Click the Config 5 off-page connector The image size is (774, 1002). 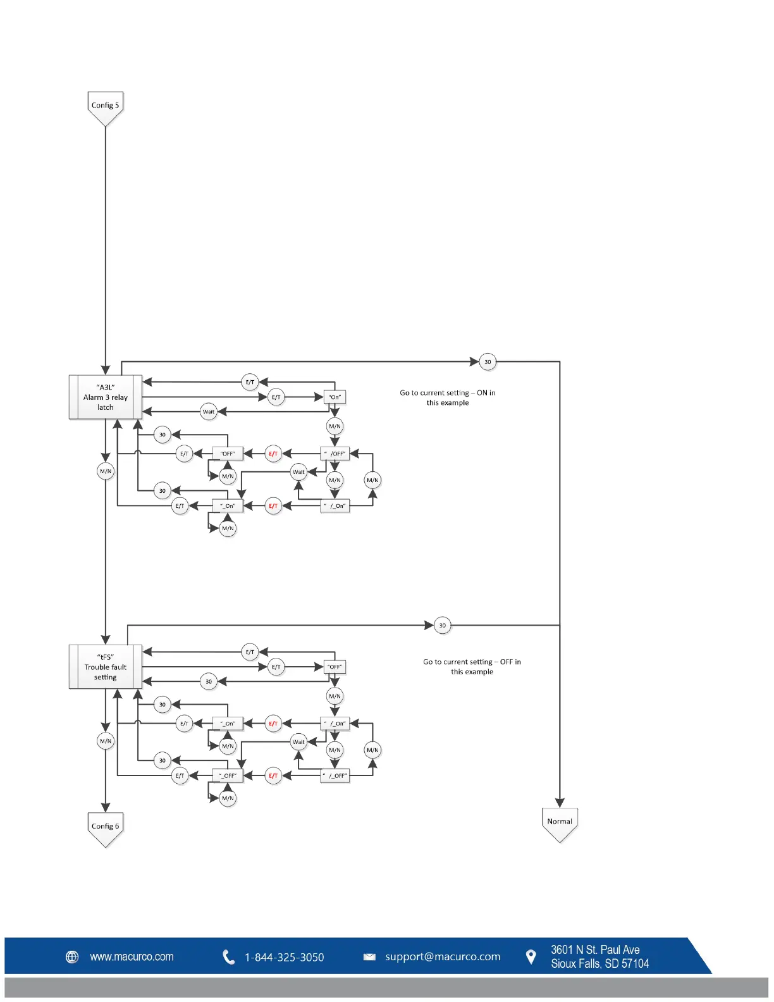(105, 106)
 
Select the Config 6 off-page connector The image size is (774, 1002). (105, 827)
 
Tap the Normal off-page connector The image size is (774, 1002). (560, 822)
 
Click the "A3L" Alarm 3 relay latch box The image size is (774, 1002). (106, 397)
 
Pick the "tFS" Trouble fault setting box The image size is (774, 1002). (106, 667)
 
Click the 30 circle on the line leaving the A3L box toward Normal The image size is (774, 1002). (488, 362)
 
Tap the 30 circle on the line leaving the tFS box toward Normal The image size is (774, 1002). (443, 626)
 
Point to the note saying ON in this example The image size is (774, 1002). (448, 398)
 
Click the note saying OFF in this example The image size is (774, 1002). (472, 667)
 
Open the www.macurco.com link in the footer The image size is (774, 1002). (132, 957)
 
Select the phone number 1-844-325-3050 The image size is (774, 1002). (284, 958)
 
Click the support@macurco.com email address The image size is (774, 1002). (443, 957)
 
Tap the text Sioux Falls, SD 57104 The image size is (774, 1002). (599, 964)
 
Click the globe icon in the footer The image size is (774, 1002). (73, 957)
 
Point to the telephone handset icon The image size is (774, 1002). (229, 957)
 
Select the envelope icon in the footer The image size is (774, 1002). (369, 957)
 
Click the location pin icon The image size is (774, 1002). (531, 957)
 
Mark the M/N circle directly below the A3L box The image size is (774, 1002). (106, 471)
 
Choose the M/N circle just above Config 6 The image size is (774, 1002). (106, 741)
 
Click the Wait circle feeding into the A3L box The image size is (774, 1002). (209, 412)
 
